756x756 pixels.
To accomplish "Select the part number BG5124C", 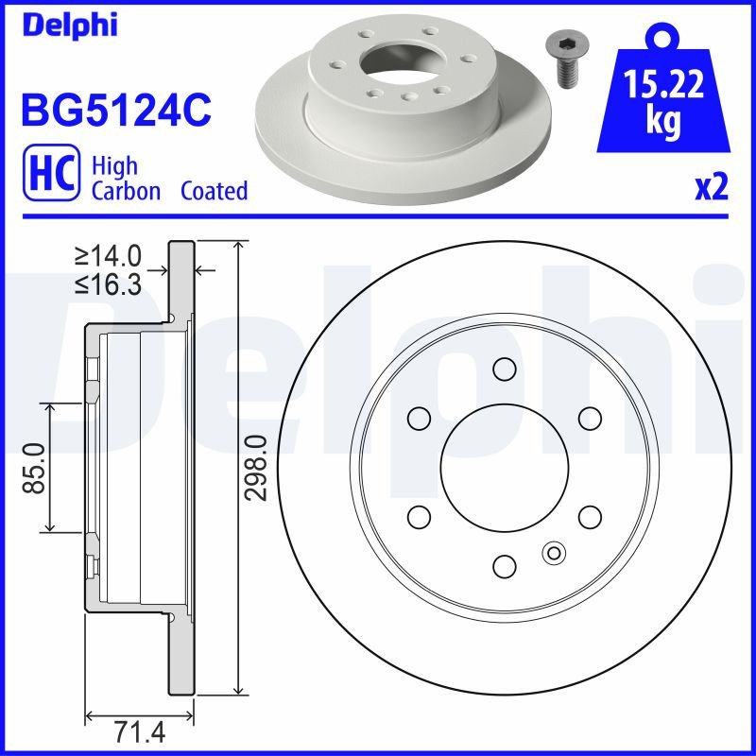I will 114,110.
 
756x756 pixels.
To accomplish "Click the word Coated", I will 214,191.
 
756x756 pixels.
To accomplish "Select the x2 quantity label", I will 712,188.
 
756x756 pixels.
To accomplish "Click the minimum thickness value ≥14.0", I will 109,255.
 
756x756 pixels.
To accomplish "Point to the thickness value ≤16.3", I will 109,283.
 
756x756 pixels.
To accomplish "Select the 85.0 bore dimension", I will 35,467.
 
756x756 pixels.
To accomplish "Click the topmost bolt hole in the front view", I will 505,368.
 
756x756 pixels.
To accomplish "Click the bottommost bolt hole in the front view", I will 505,565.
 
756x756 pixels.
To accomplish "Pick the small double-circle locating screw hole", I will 554,553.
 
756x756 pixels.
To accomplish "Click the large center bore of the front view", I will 505,467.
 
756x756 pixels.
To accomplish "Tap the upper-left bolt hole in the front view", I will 419,418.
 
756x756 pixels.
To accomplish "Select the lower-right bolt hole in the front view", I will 590,516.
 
